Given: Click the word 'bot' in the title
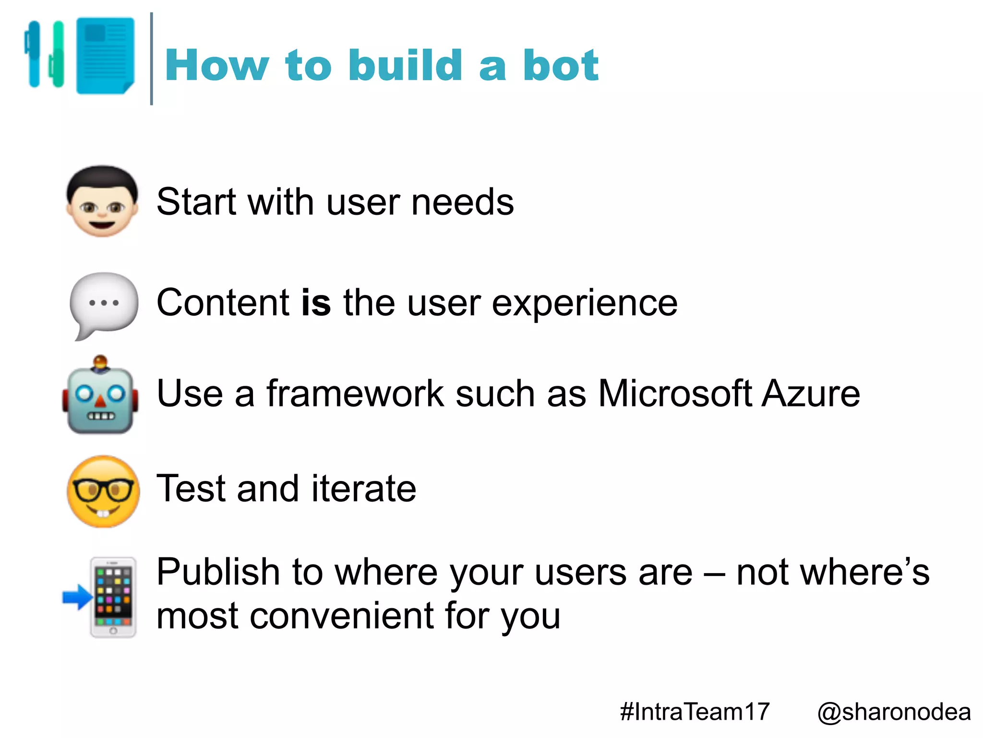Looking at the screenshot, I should pyautogui.click(x=560, y=66).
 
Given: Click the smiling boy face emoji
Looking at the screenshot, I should pyautogui.click(x=102, y=201).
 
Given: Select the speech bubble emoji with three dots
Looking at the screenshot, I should pyautogui.click(x=104, y=304).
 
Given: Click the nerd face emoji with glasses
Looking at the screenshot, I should pyautogui.click(x=103, y=491).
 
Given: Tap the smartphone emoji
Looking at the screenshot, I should pyautogui.click(x=114, y=597).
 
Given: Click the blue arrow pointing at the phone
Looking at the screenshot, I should pyautogui.click(x=77, y=597).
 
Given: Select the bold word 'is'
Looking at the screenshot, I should pyautogui.click(x=316, y=303).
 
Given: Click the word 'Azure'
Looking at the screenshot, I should pyautogui.click(x=811, y=394).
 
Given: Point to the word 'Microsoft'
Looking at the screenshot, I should pyautogui.click(x=675, y=394).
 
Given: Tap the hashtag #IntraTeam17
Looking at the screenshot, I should pyautogui.click(x=695, y=712).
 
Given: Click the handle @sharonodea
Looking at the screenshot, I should pyautogui.click(x=894, y=712).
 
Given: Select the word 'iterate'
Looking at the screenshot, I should pyautogui.click(x=363, y=489).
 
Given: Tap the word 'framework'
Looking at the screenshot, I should pyautogui.click(x=355, y=394).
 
